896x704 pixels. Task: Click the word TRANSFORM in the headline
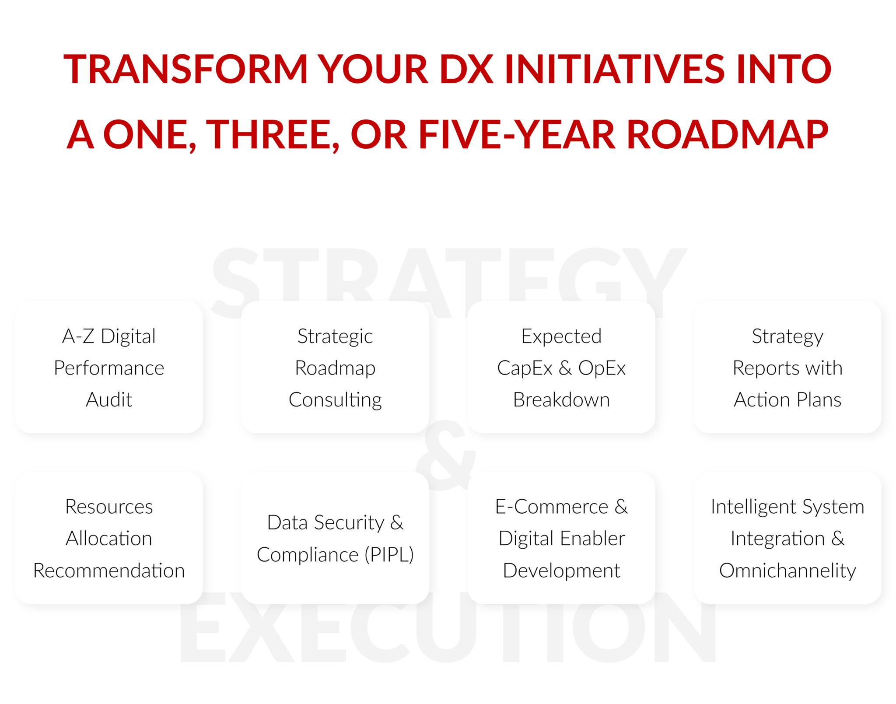[186, 69]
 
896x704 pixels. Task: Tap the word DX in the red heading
[466, 69]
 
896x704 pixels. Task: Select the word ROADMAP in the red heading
[727, 135]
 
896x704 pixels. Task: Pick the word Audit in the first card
[109, 399]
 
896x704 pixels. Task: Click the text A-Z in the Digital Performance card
[78, 336]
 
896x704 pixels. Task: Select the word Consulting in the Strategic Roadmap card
[335, 399]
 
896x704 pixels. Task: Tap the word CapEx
[524, 368]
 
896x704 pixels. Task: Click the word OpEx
[602, 368]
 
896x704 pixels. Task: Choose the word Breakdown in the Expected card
[561, 399]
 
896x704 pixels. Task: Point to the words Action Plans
[787, 399]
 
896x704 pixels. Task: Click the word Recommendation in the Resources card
[109, 571]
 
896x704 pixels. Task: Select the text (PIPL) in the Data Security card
[389, 555]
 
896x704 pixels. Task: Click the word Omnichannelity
[787, 571]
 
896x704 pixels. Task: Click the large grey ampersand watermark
[445, 455]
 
